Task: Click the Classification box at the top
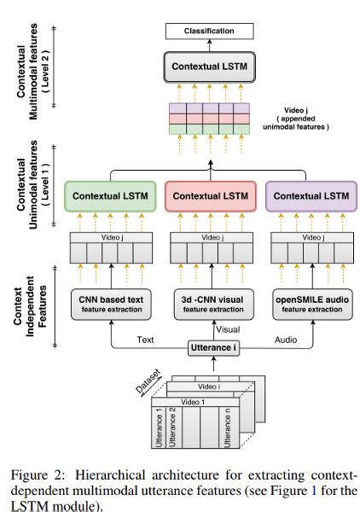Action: pyautogui.click(x=209, y=32)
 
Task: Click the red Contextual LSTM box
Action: pyautogui.click(x=209, y=197)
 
